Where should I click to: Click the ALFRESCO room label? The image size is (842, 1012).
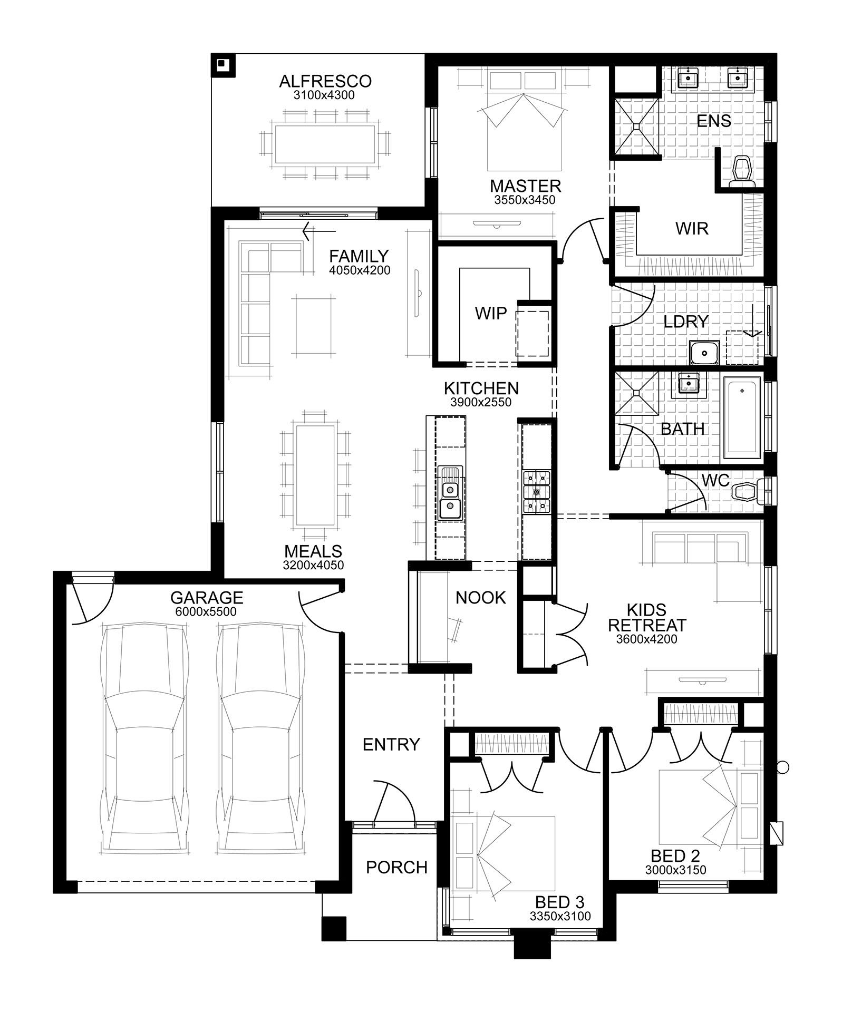point(325,81)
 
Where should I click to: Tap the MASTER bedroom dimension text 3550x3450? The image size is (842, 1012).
point(525,200)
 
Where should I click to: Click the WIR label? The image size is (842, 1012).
point(692,228)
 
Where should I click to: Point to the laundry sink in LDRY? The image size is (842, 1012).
point(705,352)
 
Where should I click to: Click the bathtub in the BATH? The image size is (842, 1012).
point(742,417)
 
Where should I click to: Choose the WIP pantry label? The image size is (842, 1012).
point(490,313)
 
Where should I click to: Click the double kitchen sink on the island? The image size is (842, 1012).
point(450,499)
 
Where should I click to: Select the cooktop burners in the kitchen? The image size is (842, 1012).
point(536,492)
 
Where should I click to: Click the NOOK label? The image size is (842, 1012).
point(480,597)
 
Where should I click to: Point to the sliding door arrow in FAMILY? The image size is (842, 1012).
point(318,231)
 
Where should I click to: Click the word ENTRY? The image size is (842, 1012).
point(391,744)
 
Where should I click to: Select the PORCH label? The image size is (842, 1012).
point(396,867)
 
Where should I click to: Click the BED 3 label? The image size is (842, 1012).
point(559,901)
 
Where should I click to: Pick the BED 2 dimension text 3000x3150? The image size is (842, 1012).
point(675,870)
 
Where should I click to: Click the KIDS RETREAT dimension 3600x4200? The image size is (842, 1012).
point(646,639)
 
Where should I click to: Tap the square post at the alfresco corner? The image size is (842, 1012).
point(223,65)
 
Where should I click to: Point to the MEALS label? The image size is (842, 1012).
point(313,551)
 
